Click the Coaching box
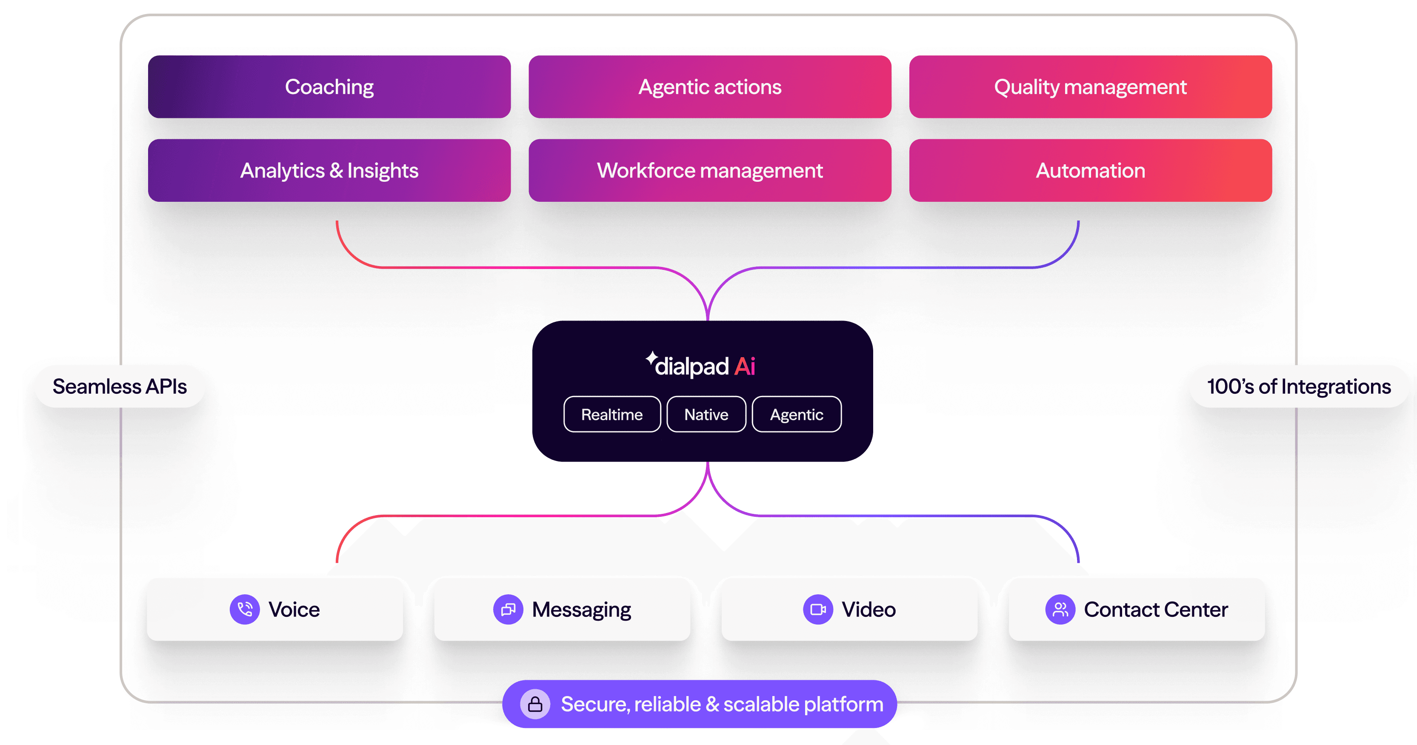coord(329,87)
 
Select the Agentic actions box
coord(710,87)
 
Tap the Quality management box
coord(1090,87)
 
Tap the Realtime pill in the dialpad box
coord(611,414)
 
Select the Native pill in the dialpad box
coord(706,414)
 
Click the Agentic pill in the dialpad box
coord(797,414)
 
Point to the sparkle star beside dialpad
coord(651,358)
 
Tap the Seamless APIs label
coord(120,386)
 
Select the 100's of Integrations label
coord(1299,386)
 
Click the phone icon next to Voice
coord(245,609)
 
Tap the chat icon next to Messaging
coord(508,609)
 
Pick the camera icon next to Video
coord(818,609)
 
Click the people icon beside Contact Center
coord(1060,609)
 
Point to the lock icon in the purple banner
coord(535,704)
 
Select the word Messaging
coord(581,610)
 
